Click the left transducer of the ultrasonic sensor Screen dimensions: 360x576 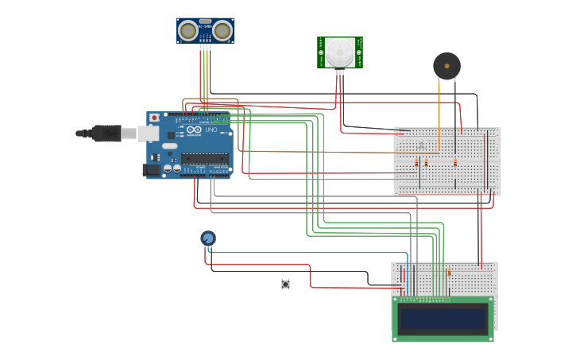click(188, 31)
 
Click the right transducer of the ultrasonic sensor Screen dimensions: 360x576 click(222, 31)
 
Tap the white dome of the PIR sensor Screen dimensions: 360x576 click(340, 53)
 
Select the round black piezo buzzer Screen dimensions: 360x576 click(446, 66)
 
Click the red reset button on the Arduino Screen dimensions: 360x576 click(153, 118)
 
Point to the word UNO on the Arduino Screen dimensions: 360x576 click(211, 130)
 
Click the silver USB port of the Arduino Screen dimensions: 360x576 click(149, 133)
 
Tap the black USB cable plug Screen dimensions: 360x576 click(106, 133)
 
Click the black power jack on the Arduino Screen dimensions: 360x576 click(151, 169)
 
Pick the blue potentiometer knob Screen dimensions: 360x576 click(208, 238)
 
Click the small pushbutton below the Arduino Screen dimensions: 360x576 click(285, 285)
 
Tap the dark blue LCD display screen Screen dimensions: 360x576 click(443, 319)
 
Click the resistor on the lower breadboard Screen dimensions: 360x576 click(449, 273)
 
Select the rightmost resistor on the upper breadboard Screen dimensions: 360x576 click(455, 164)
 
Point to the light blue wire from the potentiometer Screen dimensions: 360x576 click(318, 253)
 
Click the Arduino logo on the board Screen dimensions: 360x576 click(194, 130)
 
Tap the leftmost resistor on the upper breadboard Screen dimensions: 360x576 click(416, 163)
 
